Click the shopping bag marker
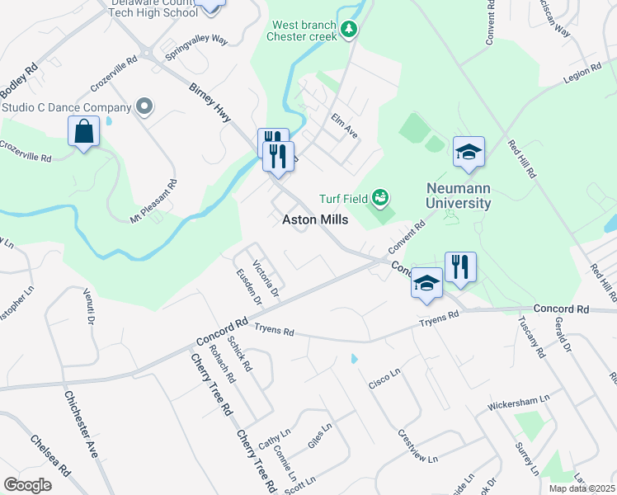point(84,132)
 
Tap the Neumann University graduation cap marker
point(469,153)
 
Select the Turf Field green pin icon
point(380,197)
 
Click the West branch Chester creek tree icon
point(350,30)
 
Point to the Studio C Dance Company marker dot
point(145,107)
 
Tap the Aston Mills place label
point(315,220)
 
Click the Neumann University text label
point(458,196)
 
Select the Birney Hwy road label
point(210,103)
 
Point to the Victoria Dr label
point(266,279)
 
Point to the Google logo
point(28,484)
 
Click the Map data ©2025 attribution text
point(582,488)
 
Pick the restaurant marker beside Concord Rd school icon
point(460,266)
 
